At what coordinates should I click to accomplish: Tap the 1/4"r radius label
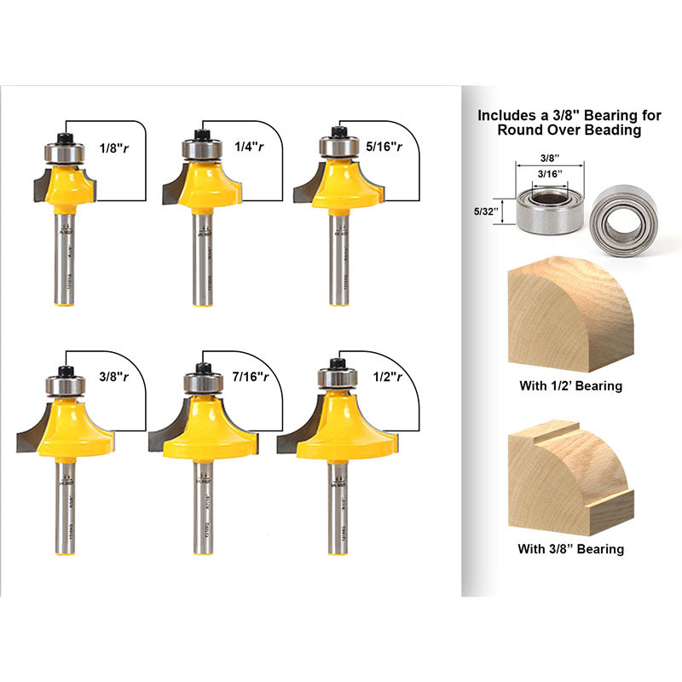[248, 146]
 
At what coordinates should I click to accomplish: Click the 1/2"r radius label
[388, 376]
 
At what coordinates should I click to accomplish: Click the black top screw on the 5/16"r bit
[336, 131]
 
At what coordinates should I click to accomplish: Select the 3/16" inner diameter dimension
[549, 175]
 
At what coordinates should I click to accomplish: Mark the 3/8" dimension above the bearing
[549, 158]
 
